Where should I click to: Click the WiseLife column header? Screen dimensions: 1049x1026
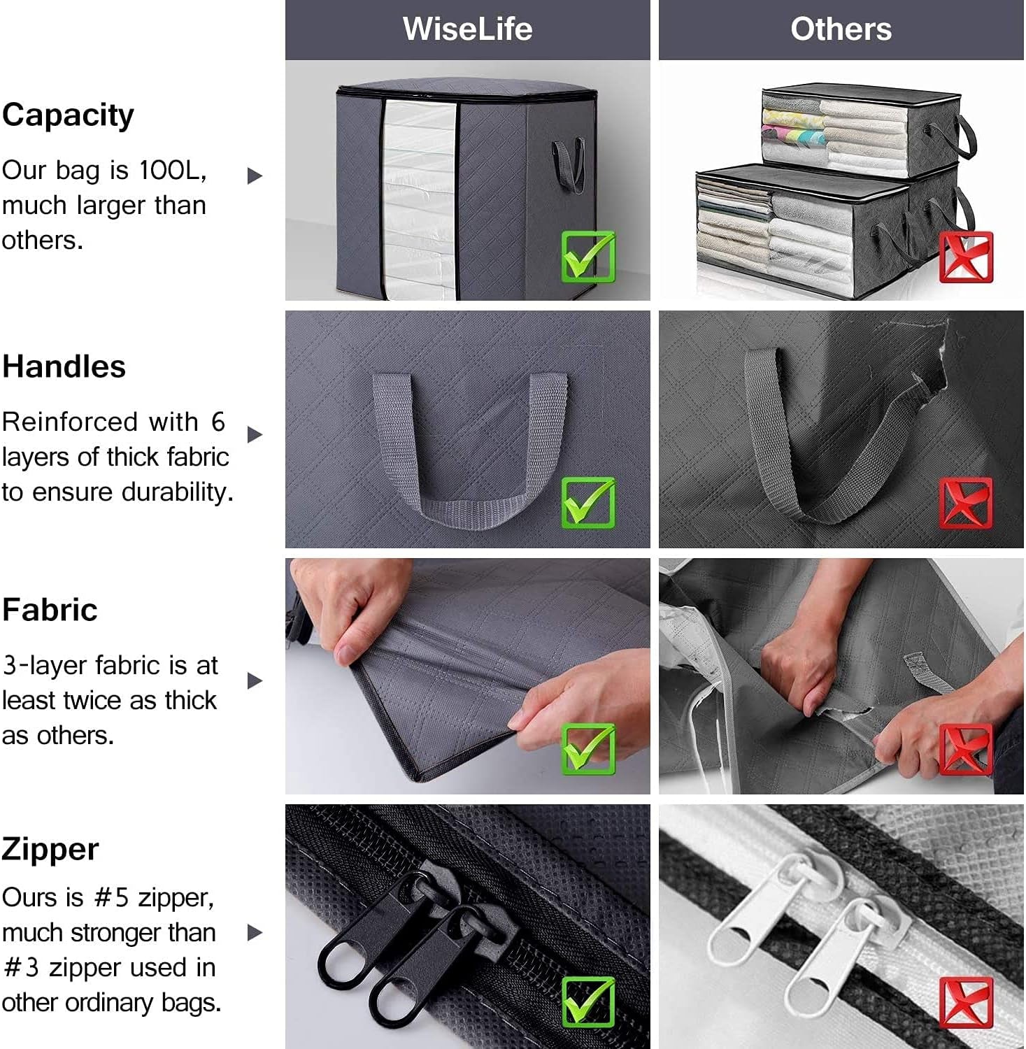tap(467, 29)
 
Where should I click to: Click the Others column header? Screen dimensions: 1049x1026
tap(841, 29)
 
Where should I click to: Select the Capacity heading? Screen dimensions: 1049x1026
tap(68, 115)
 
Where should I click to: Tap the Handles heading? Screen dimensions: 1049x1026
tap(64, 367)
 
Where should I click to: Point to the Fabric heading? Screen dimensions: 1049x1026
tap(50, 610)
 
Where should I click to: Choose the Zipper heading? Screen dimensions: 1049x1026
tap(50, 850)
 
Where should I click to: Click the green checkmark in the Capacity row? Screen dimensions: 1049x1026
tap(588, 257)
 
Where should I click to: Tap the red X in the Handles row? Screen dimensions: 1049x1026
tap(966, 503)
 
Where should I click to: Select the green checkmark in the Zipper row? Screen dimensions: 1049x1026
tap(588, 1002)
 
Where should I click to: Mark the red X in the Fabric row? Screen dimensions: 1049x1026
tap(966, 749)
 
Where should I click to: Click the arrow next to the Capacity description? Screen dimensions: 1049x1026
tap(255, 176)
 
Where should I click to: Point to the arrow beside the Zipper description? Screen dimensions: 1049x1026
tap(255, 932)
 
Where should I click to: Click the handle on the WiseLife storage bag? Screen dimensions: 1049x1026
tap(569, 165)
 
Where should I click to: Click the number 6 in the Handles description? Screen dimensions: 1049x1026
tap(218, 422)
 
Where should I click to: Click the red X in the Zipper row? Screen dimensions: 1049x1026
tap(966, 1002)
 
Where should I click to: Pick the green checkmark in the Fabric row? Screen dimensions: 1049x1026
tap(588, 749)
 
